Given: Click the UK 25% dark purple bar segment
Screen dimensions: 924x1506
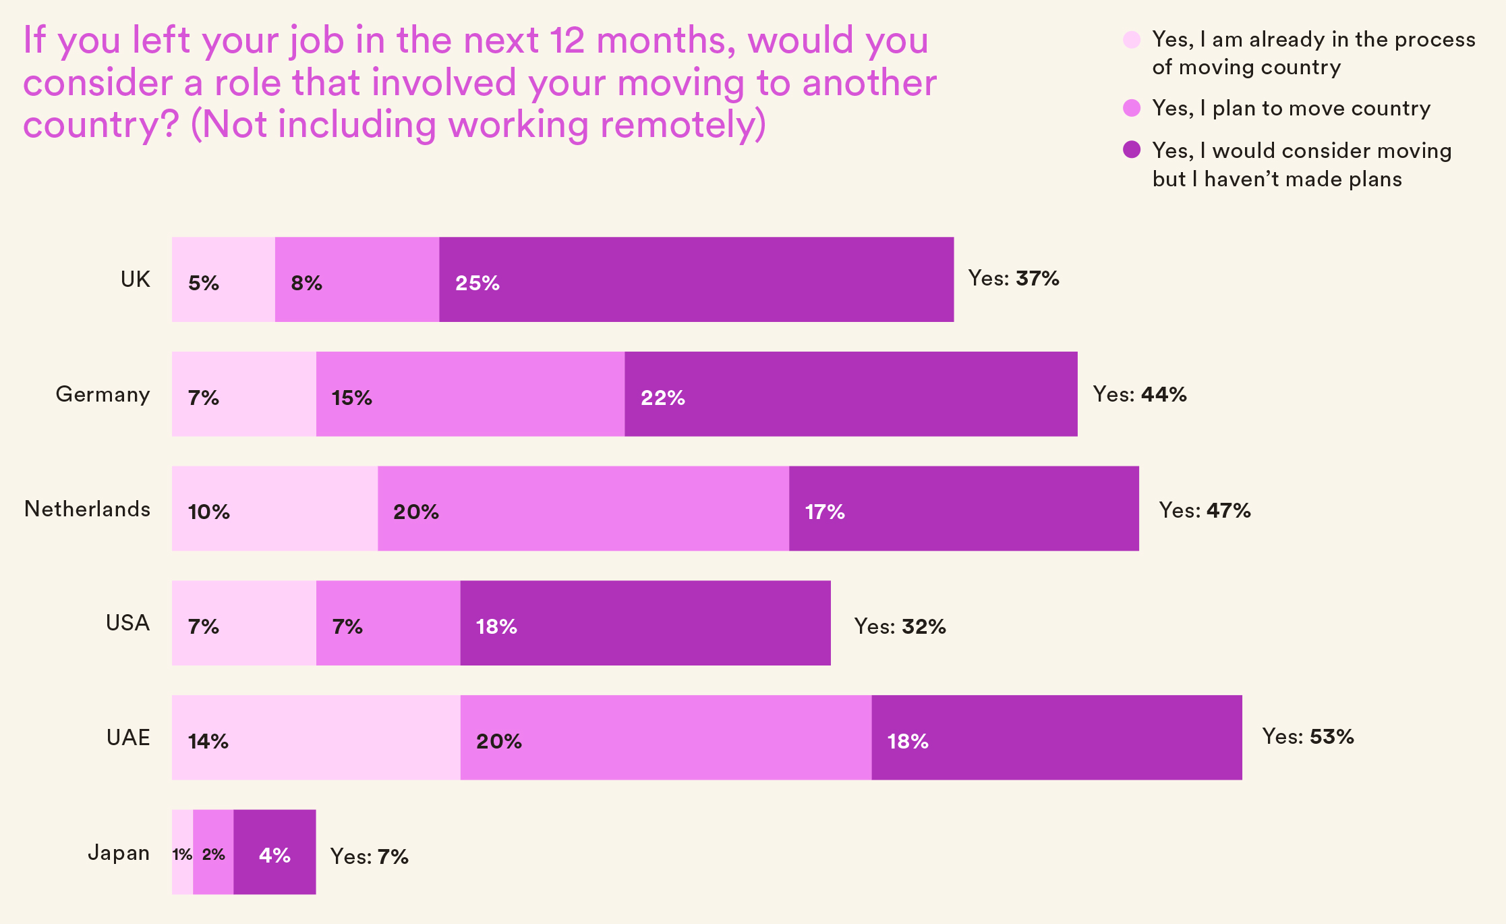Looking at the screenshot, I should pyautogui.click(x=696, y=279).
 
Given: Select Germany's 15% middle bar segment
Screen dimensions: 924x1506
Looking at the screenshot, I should pyautogui.click(x=470, y=394).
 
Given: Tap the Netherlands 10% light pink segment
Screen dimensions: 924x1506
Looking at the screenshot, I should pyautogui.click(x=274, y=508).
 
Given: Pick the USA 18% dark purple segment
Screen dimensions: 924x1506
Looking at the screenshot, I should pyautogui.click(x=645, y=623).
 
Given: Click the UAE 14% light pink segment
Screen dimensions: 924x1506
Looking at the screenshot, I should pyautogui.click(x=316, y=738).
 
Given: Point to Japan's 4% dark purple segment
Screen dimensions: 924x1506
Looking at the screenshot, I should pyautogui.click(x=274, y=852).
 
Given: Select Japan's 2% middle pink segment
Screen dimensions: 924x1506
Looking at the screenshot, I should pyautogui.click(x=213, y=852).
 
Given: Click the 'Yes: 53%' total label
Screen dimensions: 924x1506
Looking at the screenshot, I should pyautogui.click(x=1308, y=736).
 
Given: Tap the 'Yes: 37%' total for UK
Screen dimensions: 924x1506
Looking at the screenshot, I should pyautogui.click(x=1013, y=278).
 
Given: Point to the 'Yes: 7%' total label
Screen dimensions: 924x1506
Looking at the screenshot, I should pyautogui.click(x=369, y=857).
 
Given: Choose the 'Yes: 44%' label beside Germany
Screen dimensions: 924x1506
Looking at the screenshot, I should pyautogui.click(x=1139, y=394).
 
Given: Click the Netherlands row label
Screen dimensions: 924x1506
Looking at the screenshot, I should pyautogui.click(x=87, y=509).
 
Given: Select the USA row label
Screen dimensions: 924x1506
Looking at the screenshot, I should pyautogui.click(x=127, y=623).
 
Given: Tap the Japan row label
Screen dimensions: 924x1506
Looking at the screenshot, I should pyautogui.click(x=119, y=852).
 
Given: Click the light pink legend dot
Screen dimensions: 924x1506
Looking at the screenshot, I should pyautogui.click(x=1132, y=40).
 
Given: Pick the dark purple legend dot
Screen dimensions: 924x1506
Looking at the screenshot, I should pyautogui.click(x=1132, y=150).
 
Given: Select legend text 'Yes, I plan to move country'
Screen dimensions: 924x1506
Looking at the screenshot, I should pyautogui.click(x=1291, y=108).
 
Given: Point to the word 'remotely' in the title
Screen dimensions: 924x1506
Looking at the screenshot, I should pyautogui.click(x=678, y=125).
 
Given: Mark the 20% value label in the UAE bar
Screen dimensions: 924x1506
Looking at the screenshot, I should pyautogui.click(x=498, y=741).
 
